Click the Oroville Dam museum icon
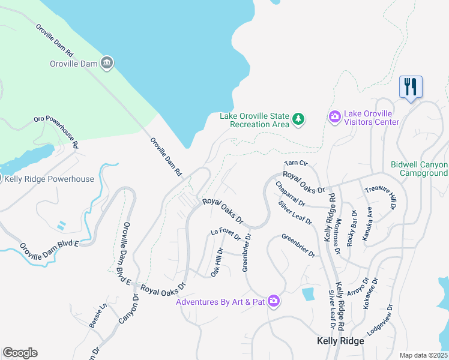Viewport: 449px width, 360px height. click(x=107, y=62)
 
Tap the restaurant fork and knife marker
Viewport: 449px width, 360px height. click(x=411, y=88)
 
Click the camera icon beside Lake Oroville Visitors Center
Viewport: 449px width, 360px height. click(x=335, y=115)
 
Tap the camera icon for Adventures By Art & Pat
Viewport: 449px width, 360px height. click(x=274, y=301)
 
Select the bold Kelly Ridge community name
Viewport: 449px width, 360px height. click(x=340, y=341)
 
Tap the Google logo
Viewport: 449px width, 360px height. click(x=20, y=353)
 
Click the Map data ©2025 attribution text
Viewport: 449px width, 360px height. click(x=423, y=355)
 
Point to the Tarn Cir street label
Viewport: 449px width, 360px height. click(x=295, y=163)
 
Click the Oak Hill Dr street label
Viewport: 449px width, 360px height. click(x=217, y=262)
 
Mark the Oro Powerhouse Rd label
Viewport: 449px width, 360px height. click(x=56, y=132)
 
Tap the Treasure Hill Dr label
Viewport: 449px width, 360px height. click(x=381, y=196)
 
